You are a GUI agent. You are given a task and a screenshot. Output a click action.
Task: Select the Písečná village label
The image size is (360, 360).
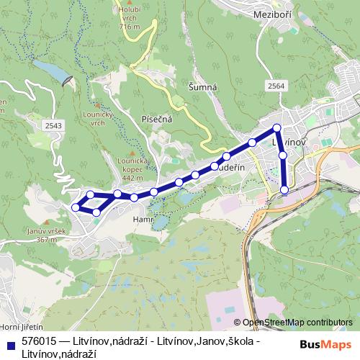(156, 119)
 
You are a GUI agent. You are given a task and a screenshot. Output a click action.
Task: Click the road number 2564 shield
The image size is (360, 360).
(276, 86)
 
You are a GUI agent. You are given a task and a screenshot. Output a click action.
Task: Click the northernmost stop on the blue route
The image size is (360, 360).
(277, 128)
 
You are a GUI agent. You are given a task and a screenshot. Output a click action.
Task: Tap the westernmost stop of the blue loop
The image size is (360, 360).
(75, 208)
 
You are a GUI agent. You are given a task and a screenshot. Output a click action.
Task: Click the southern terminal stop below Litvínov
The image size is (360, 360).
(284, 190)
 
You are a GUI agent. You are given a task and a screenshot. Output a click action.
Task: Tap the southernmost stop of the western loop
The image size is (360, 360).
(96, 212)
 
